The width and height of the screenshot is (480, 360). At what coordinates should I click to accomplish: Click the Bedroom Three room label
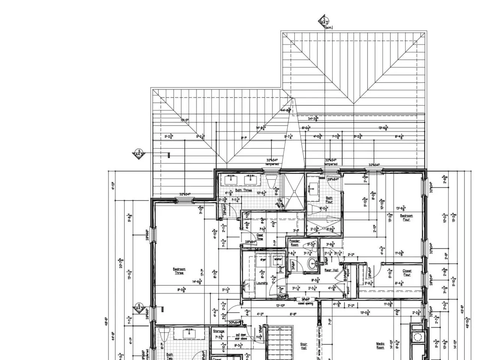click(179, 271)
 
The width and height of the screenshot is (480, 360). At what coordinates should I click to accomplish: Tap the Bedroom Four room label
click(406, 217)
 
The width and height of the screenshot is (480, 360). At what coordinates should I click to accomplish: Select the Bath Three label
click(243, 190)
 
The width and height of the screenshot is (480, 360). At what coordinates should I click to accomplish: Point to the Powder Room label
click(294, 243)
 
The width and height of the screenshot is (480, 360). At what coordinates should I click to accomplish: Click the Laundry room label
click(261, 283)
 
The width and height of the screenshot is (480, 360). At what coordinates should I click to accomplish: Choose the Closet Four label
click(407, 273)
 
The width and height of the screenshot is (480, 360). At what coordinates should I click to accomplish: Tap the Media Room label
click(380, 345)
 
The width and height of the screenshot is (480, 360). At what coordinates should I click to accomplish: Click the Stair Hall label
click(304, 346)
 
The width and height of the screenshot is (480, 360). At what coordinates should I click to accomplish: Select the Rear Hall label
click(331, 270)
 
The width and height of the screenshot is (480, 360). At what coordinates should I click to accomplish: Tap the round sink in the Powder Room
click(311, 264)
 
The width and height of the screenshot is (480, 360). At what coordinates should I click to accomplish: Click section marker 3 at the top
click(324, 22)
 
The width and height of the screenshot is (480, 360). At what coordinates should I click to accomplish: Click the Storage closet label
click(219, 331)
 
